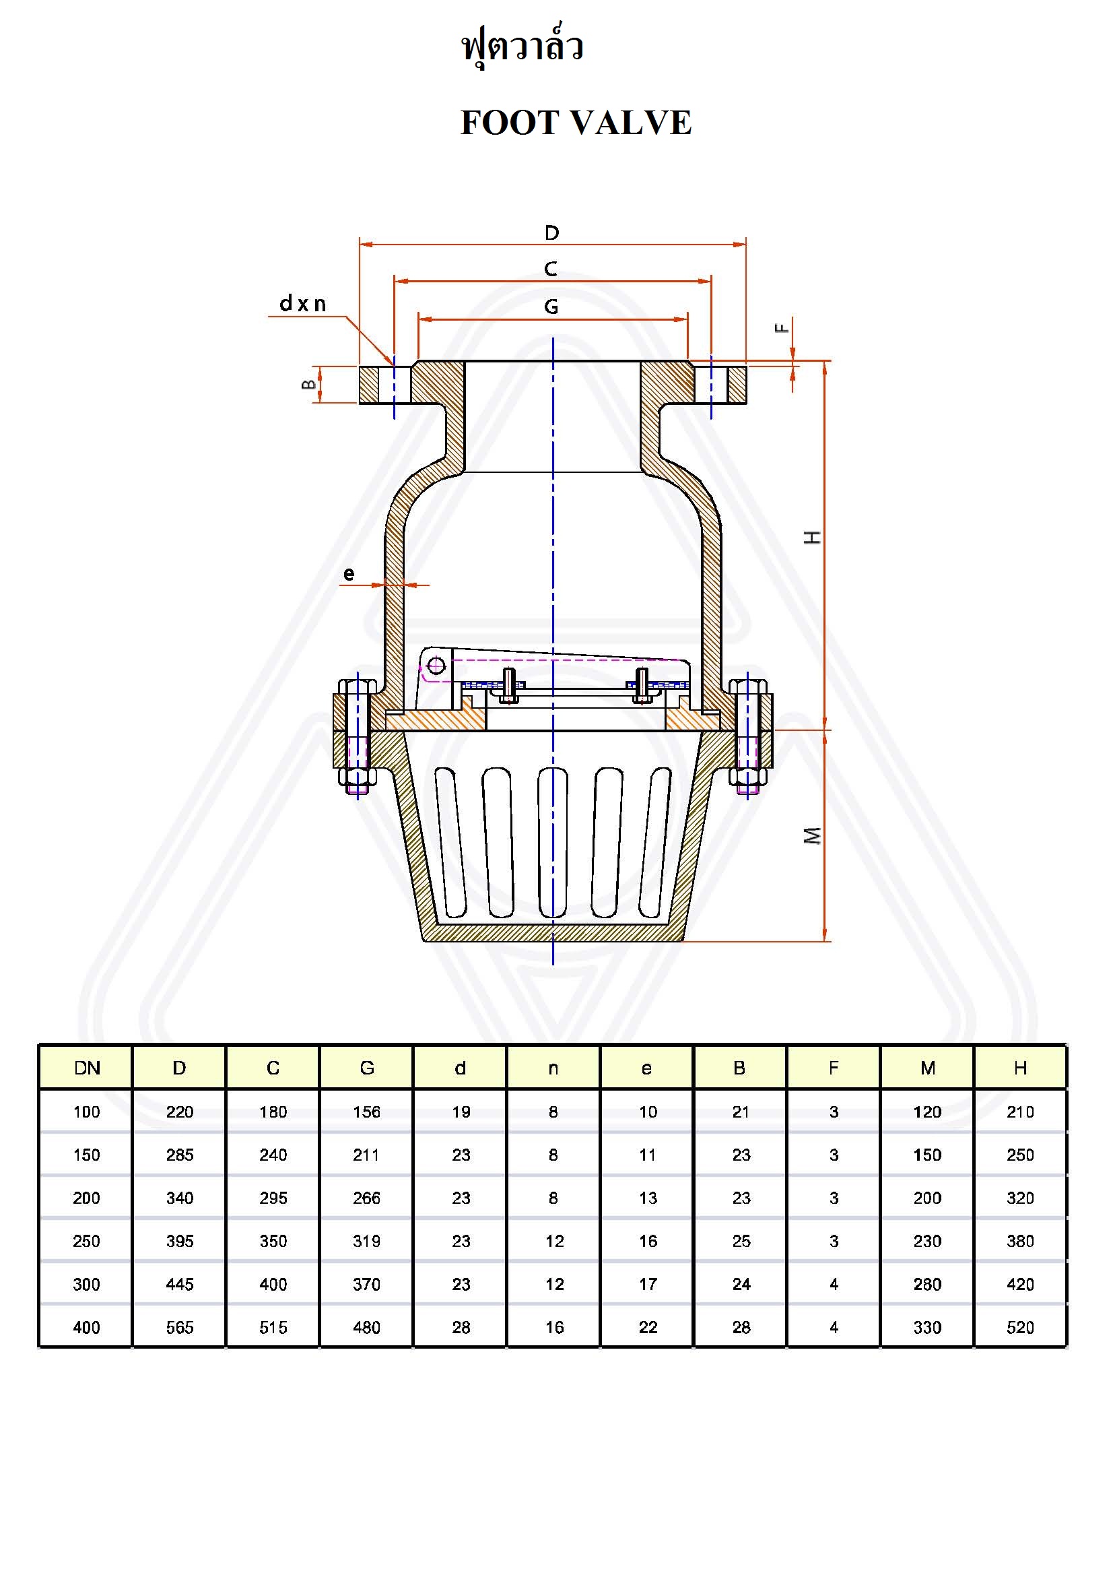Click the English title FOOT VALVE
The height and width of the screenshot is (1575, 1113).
tap(576, 123)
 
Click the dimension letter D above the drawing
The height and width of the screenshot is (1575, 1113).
tap(552, 233)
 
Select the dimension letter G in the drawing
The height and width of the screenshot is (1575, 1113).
tap(551, 307)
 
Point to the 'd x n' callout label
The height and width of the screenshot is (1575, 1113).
tap(302, 303)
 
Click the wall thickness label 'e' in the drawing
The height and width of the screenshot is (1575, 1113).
tap(349, 574)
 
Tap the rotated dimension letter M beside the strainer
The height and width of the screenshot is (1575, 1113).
tap(812, 835)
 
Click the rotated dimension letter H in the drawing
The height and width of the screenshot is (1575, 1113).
tap(812, 537)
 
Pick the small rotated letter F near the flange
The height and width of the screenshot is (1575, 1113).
tap(781, 328)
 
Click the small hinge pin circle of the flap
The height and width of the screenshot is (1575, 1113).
tap(436, 665)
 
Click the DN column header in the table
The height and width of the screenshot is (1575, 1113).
tap(87, 1068)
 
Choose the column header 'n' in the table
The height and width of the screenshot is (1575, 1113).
tap(553, 1068)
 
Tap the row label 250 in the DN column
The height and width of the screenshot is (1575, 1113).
tap(86, 1241)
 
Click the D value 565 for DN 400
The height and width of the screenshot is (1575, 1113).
tap(180, 1327)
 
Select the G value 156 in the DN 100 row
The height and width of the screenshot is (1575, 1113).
tap(367, 1112)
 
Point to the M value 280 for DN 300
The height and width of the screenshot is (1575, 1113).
tap(927, 1284)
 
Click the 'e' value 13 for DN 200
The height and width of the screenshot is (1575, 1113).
tap(648, 1198)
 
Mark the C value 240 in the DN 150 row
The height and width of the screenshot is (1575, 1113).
tap(273, 1155)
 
